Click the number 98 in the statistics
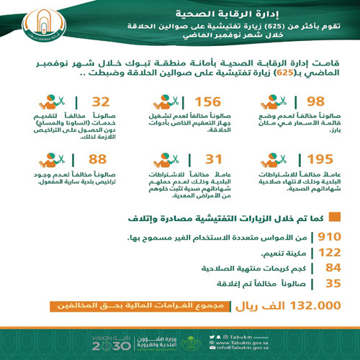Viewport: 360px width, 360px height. tap(294, 102)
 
